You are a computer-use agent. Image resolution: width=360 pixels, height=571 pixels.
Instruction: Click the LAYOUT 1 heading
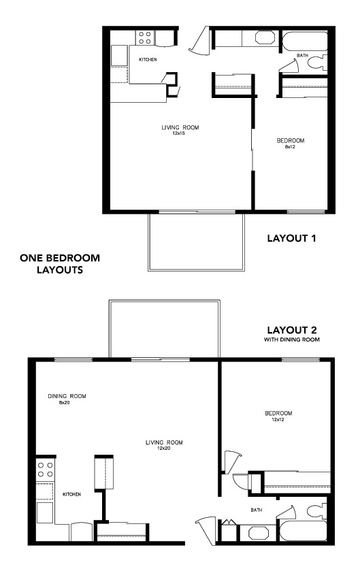tap(291, 238)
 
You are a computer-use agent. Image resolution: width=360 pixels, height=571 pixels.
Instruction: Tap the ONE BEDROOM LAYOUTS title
tap(60, 263)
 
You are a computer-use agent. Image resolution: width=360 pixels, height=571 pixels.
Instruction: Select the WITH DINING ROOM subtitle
tap(291, 340)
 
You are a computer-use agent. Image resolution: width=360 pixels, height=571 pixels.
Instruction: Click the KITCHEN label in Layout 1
tap(148, 59)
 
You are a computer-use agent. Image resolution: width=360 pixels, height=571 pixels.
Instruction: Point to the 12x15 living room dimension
tap(179, 133)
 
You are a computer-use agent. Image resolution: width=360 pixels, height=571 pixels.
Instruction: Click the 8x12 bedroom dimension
tap(290, 147)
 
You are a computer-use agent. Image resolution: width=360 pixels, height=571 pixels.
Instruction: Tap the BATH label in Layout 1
tap(302, 55)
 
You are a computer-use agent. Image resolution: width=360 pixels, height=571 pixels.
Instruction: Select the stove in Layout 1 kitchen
tap(145, 37)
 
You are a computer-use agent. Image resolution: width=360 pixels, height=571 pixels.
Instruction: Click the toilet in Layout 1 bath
tap(317, 62)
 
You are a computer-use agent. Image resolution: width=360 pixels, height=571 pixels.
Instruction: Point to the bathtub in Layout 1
tap(305, 42)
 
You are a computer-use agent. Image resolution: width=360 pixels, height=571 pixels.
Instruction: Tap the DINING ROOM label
tap(67, 396)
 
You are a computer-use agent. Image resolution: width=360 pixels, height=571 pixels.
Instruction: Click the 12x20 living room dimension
tap(163, 448)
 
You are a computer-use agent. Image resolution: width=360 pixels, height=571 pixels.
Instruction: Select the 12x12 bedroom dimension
tap(278, 419)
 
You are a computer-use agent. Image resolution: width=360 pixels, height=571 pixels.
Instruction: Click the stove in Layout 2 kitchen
tap(45, 470)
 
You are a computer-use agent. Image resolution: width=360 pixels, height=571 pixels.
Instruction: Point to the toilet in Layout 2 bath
tap(316, 510)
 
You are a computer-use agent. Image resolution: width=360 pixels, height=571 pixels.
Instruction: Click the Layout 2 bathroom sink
tap(259, 533)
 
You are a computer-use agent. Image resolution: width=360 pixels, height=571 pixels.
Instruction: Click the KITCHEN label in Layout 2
tap(71, 494)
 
